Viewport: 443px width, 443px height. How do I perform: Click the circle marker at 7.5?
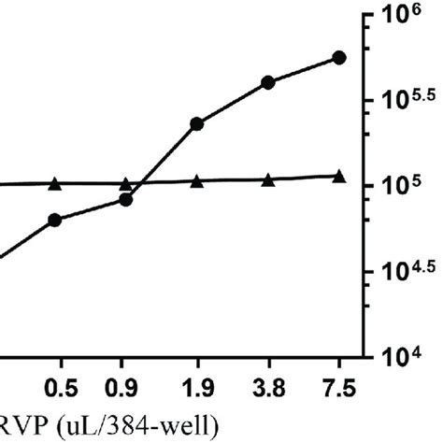339,58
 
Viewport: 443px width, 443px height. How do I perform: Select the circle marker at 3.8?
268,82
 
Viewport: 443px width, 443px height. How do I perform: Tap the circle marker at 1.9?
196,123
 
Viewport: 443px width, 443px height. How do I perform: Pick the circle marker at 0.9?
126,199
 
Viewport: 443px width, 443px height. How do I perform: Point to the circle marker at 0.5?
54,220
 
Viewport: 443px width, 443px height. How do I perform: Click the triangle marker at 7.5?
339,176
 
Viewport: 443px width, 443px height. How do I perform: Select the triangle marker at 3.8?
268,179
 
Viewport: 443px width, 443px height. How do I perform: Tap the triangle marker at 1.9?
196,180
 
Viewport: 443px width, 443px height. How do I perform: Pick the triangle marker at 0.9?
126,183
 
